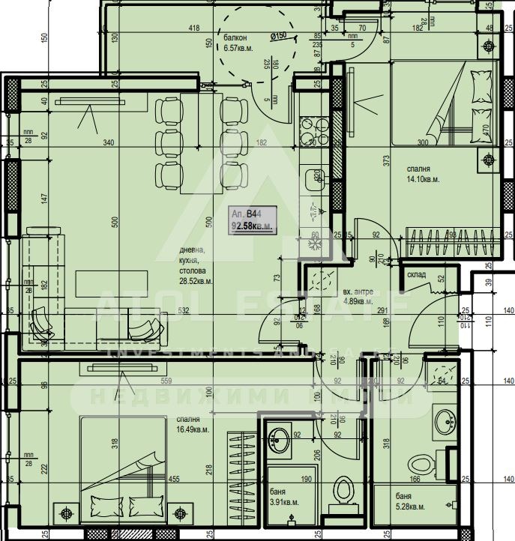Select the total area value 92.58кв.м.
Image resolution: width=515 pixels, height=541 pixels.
[251, 225]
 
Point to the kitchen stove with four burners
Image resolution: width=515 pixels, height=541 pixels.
[310, 131]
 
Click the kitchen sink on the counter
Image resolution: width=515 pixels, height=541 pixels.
[313, 178]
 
